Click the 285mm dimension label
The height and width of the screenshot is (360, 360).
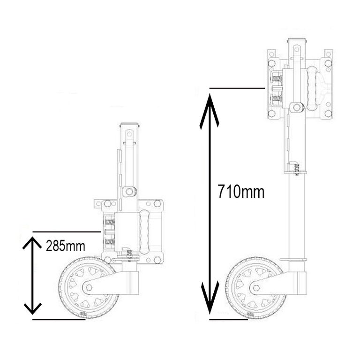pyautogui.click(x=66, y=246)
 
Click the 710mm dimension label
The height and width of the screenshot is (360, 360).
pyautogui.click(x=241, y=192)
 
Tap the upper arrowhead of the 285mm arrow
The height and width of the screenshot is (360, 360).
pyautogui.click(x=32, y=242)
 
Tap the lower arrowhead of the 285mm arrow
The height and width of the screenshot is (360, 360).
pyautogui.click(x=32, y=308)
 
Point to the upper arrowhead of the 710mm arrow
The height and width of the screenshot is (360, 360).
pyautogui.click(x=210, y=110)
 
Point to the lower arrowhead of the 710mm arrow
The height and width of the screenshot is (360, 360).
pyautogui.click(x=210, y=297)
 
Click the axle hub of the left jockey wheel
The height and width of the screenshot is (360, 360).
pyautogui.click(x=89, y=287)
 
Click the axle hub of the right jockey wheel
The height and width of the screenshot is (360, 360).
pyautogui.click(x=256, y=288)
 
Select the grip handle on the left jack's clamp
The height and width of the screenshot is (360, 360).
pyautogui.click(x=144, y=232)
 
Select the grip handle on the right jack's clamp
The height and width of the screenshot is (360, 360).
pyautogui.click(x=312, y=89)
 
